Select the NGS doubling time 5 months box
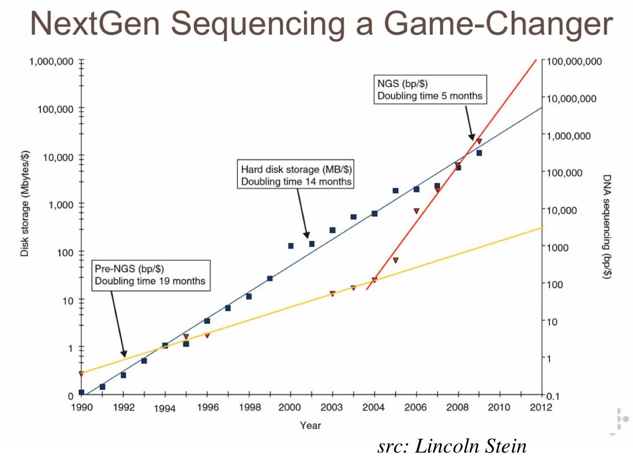pyautogui.click(x=430, y=90)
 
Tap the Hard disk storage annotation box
pyautogui.click(x=296, y=175)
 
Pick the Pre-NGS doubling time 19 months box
pyautogui.click(x=150, y=275)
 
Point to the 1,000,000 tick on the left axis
pyautogui.click(x=51, y=62)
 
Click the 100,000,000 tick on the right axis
pyautogui.click(x=574, y=62)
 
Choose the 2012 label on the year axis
pyautogui.click(x=541, y=407)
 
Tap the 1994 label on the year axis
pyautogui.click(x=164, y=409)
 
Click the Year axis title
pyautogui.click(x=310, y=425)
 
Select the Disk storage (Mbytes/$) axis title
pyautogui.click(x=25, y=203)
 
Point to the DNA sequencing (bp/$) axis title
pyautogui.click(x=607, y=227)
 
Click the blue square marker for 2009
pyautogui.click(x=479, y=153)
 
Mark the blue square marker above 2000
pyautogui.click(x=291, y=246)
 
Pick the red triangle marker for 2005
pyautogui.click(x=396, y=260)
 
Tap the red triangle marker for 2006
pyautogui.click(x=416, y=211)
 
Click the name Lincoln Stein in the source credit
pyautogui.click(x=471, y=446)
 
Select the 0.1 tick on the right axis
pyautogui.click(x=553, y=396)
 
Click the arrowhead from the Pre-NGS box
pyautogui.click(x=124, y=354)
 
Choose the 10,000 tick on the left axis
pyautogui.click(x=58, y=157)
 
